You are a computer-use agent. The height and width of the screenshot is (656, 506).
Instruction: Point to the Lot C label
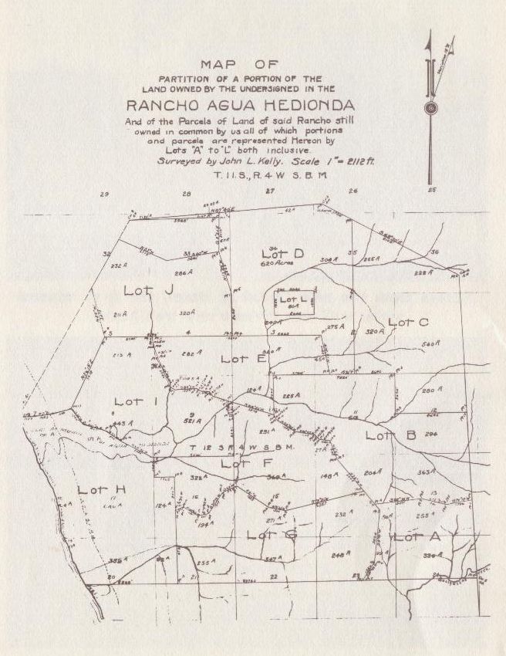[408, 322]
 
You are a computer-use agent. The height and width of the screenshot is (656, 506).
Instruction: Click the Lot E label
[244, 358]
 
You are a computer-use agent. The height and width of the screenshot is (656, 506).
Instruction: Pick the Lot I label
[136, 401]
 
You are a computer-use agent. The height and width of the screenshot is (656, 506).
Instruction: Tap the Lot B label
[390, 435]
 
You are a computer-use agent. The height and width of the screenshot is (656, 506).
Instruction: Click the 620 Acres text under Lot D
[275, 263]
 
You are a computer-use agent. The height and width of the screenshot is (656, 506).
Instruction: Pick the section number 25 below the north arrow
[433, 189]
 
